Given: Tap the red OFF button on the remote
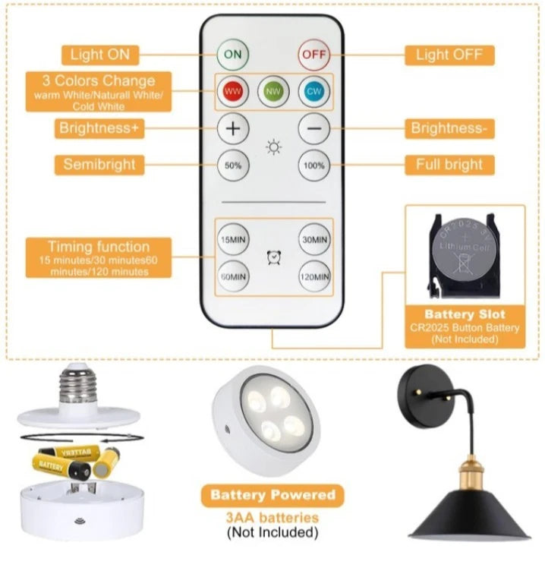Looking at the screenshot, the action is click(x=313, y=55).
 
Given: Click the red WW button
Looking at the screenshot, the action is click(x=233, y=91).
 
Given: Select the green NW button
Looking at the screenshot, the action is click(x=273, y=91).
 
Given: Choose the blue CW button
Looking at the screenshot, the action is click(x=313, y=91).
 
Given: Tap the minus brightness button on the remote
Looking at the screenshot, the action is click(x=313, y=128).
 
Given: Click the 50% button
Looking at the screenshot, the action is click(x=233, y=166).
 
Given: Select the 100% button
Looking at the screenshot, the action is click(x=313, y=166).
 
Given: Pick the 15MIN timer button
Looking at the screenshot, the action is click(x=233, y=239).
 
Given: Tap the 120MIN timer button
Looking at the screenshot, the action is click(x=314, y=276).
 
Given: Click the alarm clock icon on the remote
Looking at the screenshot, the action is click(x=273, y=257).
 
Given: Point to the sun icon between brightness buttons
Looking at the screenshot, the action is click(x=273, y=147).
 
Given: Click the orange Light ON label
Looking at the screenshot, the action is click(x=100, y=55).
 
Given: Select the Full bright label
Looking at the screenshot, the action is click(x=449, y=165).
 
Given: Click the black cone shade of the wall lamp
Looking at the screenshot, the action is click(x=470, y=516).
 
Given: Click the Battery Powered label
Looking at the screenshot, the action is click(x=272, y=495).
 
